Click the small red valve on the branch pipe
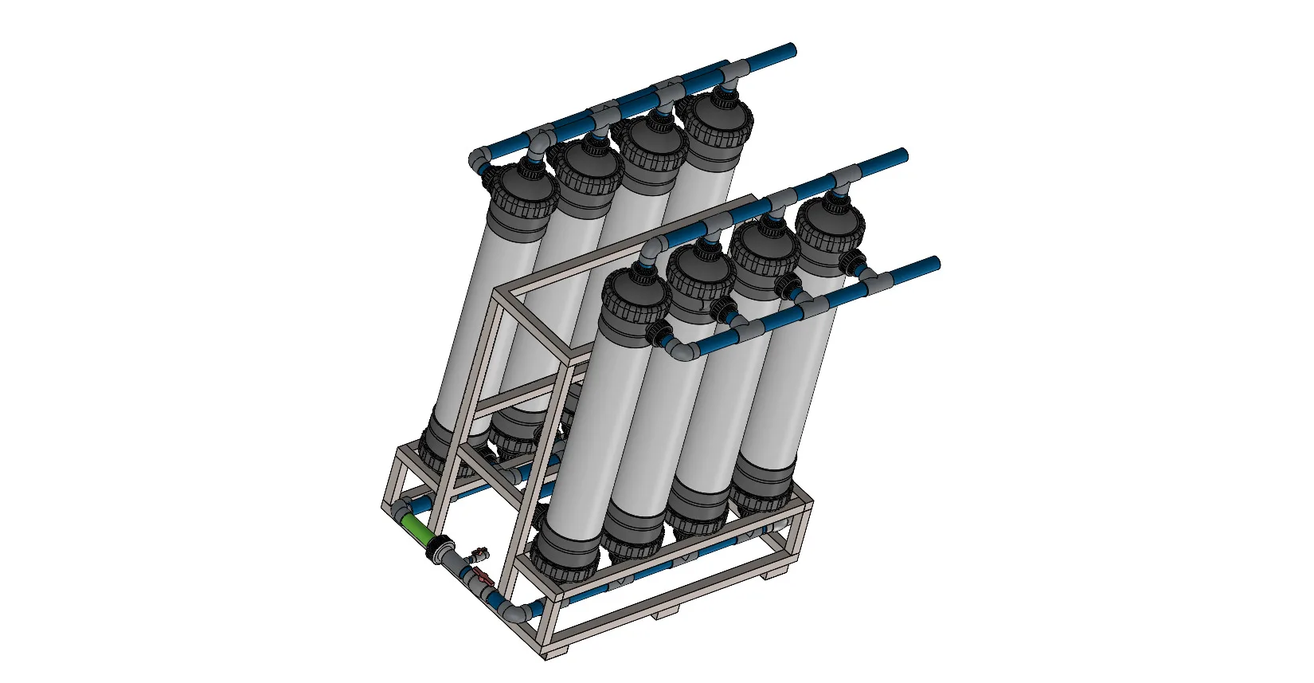tap(479, 551)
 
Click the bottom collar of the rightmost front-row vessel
tap(761, 486)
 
